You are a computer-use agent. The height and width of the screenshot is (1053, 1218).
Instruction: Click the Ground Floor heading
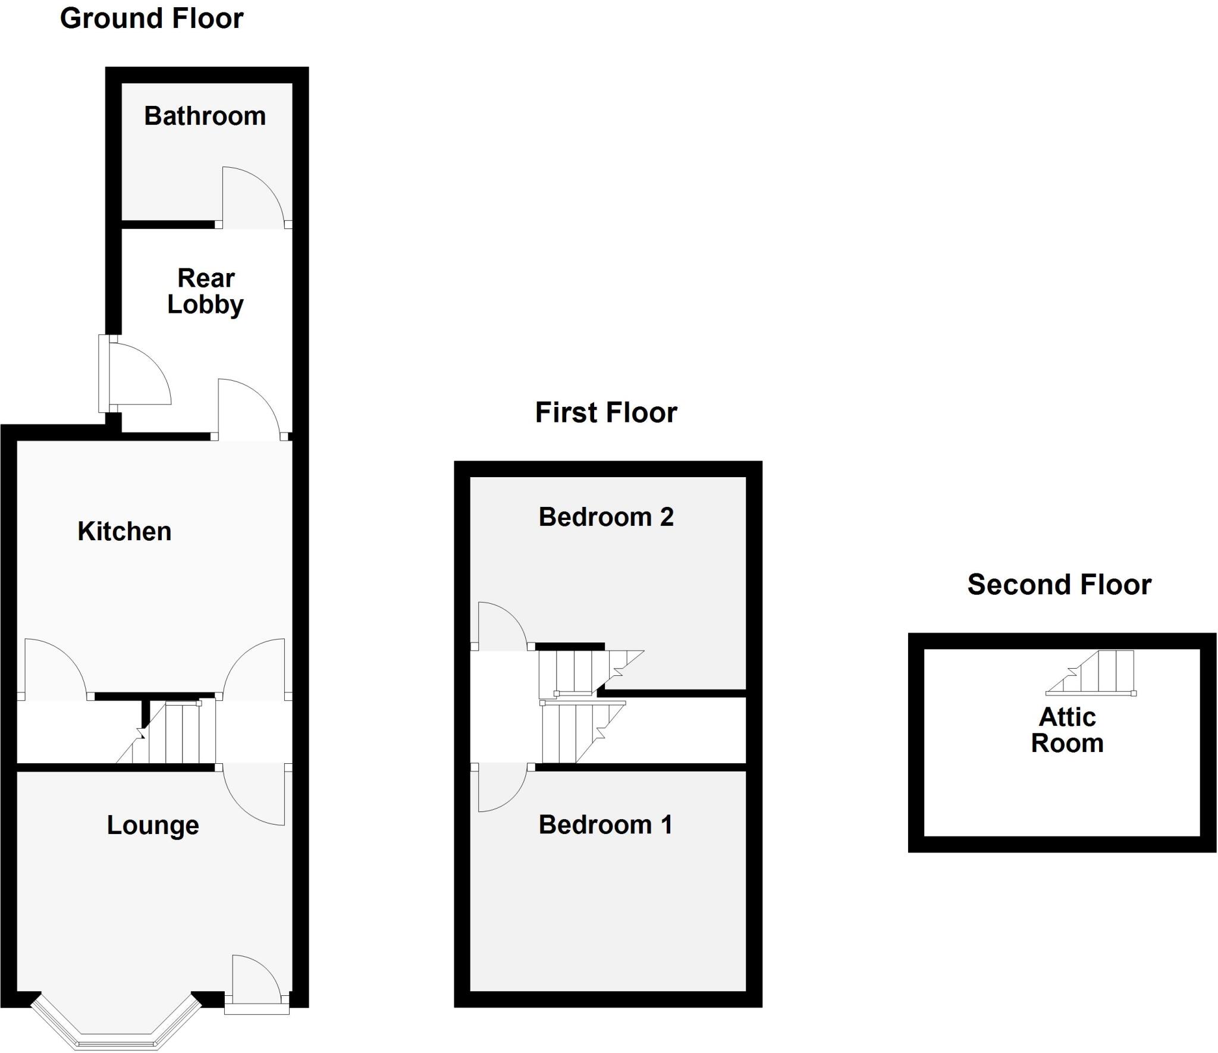pos(152,19)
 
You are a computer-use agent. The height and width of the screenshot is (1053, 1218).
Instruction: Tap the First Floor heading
pos(606,412)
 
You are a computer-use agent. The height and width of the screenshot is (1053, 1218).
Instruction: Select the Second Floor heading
pos(1059,585)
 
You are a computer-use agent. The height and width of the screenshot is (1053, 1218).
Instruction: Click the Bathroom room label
pos(205,116)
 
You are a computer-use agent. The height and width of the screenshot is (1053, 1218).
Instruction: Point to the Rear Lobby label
pos(206,292)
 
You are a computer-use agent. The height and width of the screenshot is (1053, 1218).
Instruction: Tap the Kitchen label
pos(124,531)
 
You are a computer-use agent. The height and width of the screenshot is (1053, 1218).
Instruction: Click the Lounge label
pos(153,825)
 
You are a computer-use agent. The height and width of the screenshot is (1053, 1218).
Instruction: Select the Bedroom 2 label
pos(606,517)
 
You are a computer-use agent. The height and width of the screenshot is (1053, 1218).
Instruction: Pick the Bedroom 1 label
pos(605,825)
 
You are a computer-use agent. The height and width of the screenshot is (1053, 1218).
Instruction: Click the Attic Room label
pos(1067,730)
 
